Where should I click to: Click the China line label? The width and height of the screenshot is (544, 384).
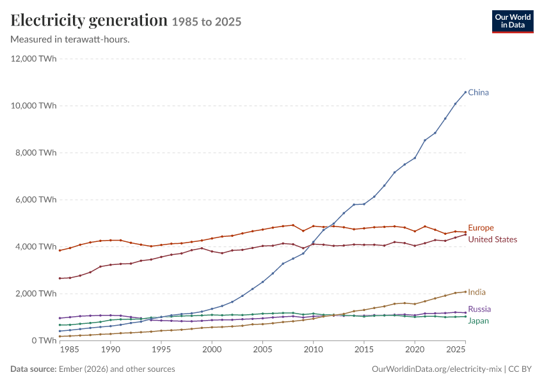(478, 93)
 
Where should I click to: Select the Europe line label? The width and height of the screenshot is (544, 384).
(481, 228)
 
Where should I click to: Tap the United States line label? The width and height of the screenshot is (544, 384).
(492, 240)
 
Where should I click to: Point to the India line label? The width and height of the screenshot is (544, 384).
(477, 292)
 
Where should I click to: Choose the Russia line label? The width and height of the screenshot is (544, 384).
(479, 309)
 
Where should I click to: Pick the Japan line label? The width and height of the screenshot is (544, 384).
(479, 321)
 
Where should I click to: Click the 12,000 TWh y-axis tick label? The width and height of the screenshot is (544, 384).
(34, 59)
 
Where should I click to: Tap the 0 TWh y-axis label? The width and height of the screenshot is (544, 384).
(44, 340)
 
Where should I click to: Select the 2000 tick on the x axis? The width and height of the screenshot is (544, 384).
(212, 349)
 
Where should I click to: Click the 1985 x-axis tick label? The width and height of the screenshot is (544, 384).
(69, 349)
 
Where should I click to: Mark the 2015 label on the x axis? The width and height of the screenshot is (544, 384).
(364, 349)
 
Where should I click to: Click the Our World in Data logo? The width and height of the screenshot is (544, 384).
(513, 22)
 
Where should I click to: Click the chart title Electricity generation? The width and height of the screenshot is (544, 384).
(89, 20)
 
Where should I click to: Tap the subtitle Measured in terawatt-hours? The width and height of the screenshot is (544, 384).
(70, 40)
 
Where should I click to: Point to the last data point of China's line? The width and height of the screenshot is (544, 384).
(465, 92)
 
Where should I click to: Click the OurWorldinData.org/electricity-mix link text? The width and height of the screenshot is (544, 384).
(436, 369)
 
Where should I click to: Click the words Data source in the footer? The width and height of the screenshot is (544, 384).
(33, 369)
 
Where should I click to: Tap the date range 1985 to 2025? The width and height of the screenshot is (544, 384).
(207, 22)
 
